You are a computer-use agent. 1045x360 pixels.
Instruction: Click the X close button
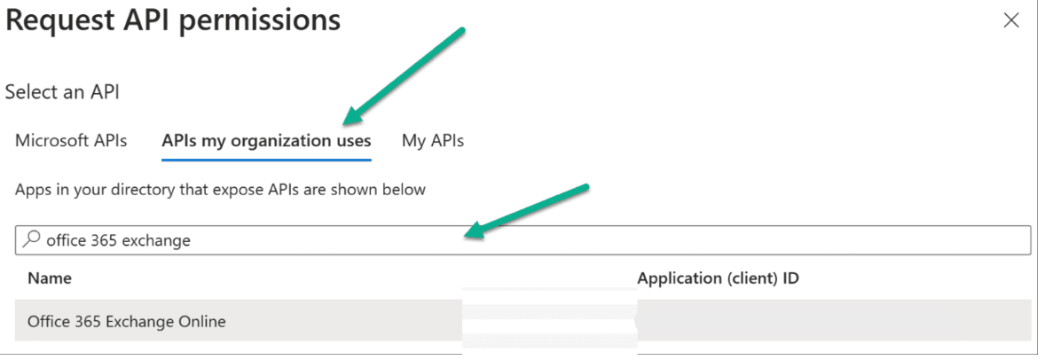pyautogui.click(x=1011, y=20)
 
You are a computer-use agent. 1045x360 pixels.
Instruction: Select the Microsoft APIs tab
pyautogui.click(x=71, y=141)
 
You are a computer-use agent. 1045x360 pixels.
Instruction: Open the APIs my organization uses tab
pyautogui.click(x=267, y=141)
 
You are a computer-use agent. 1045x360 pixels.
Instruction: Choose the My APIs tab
pyautogui.click(x=433, y=141)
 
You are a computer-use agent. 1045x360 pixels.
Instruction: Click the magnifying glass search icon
pyautogui.click(x=31, y=239)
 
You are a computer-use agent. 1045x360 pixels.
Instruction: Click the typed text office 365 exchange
pyautogui.click(x=119, y=240)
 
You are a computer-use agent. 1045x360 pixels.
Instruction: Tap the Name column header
pyautogui.click(x=50, y=278)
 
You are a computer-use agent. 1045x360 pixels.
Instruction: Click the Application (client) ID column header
pyautogui.click(x=719, y=278)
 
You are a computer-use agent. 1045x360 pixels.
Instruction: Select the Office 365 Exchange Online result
pyautogui.click(x=127, y=321)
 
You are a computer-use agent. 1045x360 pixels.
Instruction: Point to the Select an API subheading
pyautogui.click(x=62, y=92)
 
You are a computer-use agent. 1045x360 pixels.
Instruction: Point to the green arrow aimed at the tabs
pyautogui.click(x=404, y=76)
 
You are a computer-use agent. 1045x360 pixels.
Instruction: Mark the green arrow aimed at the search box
pyautogui.click(x=527, y=212)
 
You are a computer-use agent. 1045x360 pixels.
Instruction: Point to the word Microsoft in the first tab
pyautogui.click(x=51, y=141)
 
